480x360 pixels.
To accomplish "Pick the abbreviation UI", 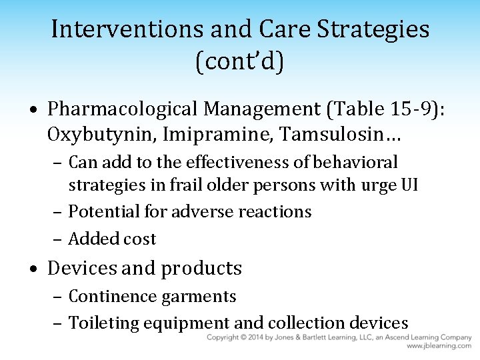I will (x=408, y=185).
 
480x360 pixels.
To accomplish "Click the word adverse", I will (x=200, y=212).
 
